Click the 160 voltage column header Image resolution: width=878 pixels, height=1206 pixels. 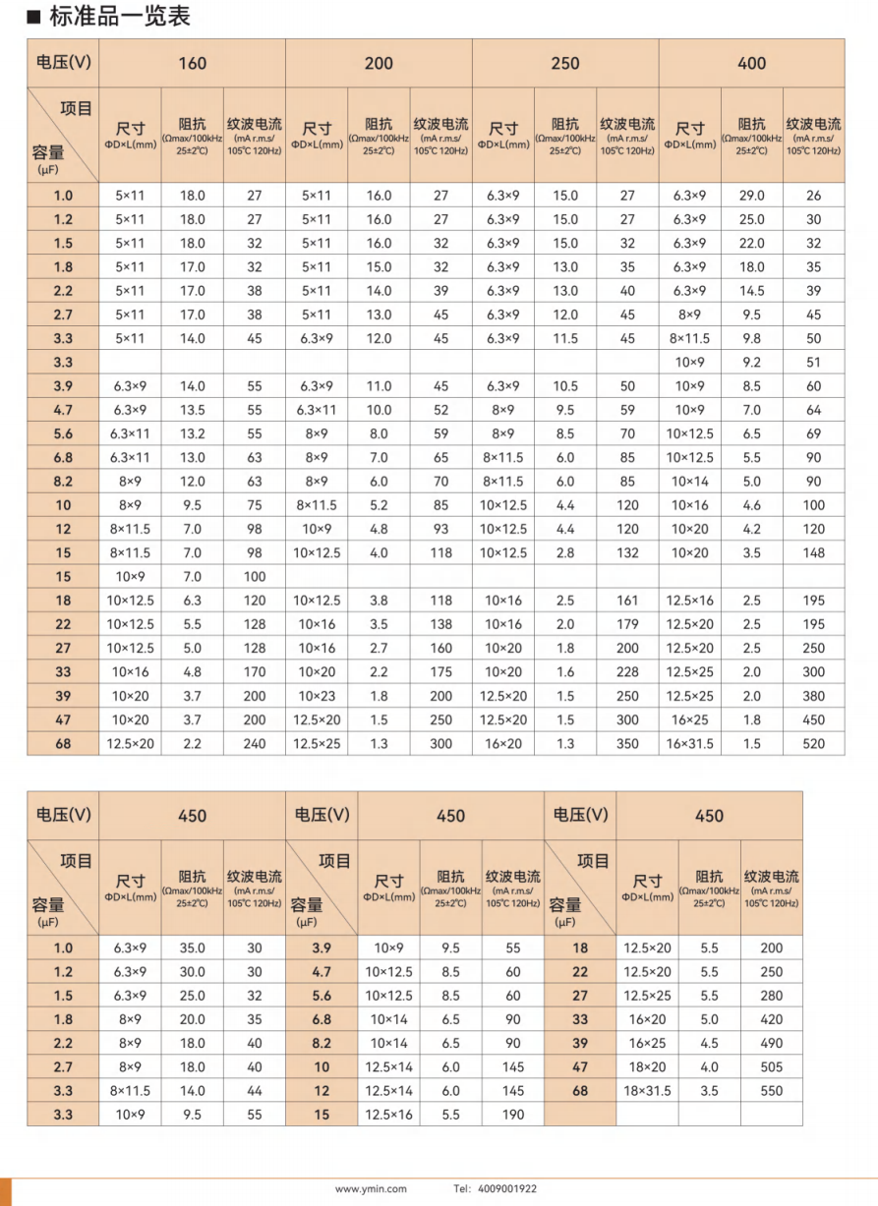(x=193, y=64)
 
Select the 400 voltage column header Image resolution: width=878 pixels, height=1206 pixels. (x=751, y=64)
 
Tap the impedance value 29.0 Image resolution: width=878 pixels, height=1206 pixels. (x=752, y=196)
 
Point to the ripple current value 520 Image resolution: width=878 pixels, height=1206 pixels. (x=813, y=744)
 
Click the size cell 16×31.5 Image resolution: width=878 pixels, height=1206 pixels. (x=690, y=744)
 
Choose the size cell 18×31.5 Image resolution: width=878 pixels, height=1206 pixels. (x=647, y=1091)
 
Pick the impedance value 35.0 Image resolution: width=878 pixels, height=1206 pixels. (x=192, y=948)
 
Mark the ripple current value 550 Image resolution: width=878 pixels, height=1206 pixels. (x=772, y=1091)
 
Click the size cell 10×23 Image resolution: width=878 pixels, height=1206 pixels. (x=317, y=696)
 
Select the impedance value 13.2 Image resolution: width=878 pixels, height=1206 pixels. (x=192, y=433)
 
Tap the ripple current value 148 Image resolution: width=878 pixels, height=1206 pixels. (x=813, y=553)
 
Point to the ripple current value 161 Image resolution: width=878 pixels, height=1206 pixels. (x=627, y=601)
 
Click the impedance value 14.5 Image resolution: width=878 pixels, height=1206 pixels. (x=752, y=291)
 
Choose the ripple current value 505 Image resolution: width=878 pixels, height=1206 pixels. (x=772, y=1067)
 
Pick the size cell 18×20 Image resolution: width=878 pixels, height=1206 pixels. (x=647, y=1067)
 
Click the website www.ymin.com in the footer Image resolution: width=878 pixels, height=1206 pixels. (x=371, y=1188)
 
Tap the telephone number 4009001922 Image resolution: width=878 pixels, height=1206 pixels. (x=509, y=1188)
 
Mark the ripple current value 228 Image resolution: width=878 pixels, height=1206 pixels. (x=627, y=672)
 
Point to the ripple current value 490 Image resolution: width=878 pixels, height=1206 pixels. (x=772, y=1044)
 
